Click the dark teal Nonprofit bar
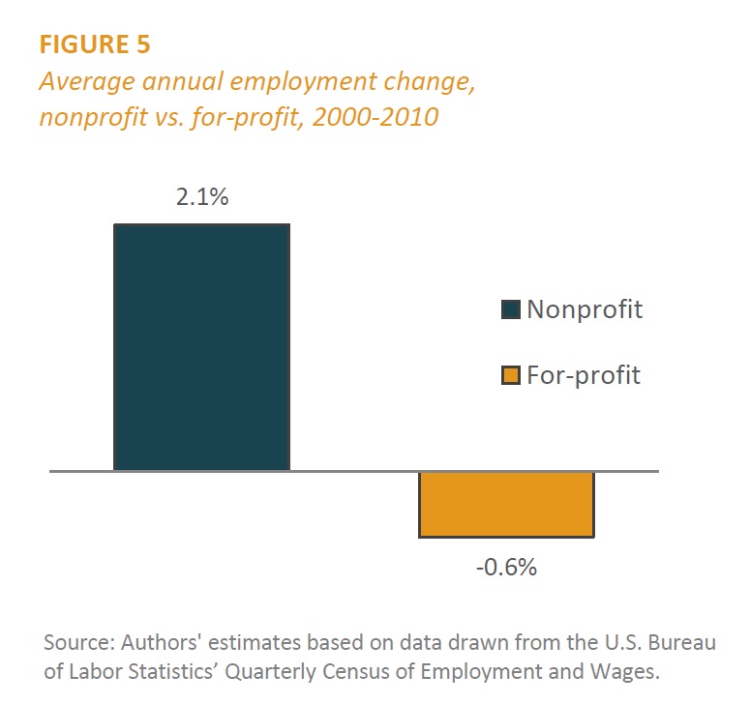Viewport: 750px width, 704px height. tap(202, 347)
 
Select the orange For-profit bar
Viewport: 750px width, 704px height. tap(506, 504)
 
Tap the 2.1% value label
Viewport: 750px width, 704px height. tap(202, 197)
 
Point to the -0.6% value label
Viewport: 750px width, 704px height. tap(506, 568)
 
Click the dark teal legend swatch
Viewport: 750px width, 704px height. tap(511, 309)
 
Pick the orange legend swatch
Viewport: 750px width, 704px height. tap(511, 375)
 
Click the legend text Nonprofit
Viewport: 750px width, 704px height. tap(585, 309)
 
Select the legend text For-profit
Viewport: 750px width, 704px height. tap(584, 375)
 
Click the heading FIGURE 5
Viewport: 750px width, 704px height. tap(95, 44)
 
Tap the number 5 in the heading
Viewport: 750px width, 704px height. tap(143, 44)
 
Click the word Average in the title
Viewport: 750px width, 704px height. tap(87, 82)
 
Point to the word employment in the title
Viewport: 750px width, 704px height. tap(303, 82)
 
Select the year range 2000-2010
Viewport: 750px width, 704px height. tap(375, 117)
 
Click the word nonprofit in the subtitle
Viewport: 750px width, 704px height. tap(94, 118)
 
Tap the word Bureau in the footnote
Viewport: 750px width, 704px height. tap(681, 642)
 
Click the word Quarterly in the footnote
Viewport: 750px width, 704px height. tap(270, 672)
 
